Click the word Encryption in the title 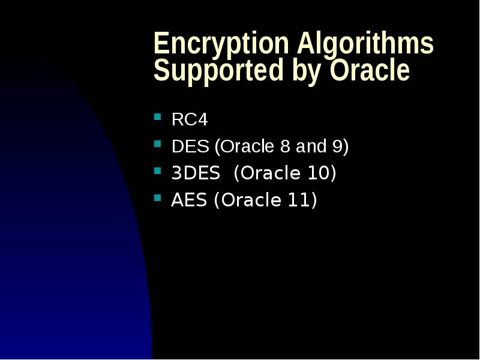point(221,44)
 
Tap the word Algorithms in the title point(365,44)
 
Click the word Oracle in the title point(369,71)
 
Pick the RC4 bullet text point(190,120)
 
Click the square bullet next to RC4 point(158,117)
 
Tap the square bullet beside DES point(158,144)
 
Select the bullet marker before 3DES point(158,170)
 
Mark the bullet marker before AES point(158,197)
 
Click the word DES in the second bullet point(190,146)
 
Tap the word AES point(190,200)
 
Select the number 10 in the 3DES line point(318,173)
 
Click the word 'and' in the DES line point(310,146)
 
